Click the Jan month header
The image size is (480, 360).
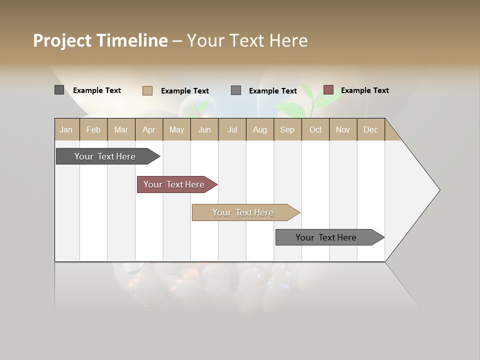66,129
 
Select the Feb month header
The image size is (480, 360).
93,129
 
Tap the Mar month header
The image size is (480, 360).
121,129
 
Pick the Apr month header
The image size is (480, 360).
149,129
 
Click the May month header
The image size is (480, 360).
176,129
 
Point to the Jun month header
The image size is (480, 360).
204,129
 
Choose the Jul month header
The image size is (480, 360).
232,129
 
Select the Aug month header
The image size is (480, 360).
260,129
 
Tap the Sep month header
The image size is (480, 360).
287,129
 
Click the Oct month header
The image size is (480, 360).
315,129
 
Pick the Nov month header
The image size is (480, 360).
343,129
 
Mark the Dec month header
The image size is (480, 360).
371,129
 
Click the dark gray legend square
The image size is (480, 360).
59,90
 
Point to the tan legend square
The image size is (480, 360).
147,90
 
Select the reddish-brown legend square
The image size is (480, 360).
328,90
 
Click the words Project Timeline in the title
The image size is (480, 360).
100,40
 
